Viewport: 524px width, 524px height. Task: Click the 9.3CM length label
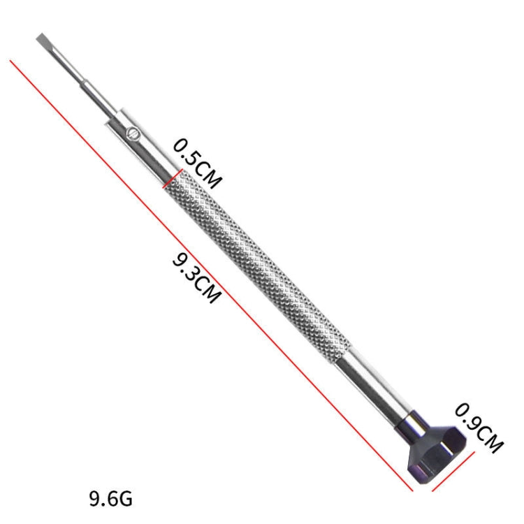pos(196,277)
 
